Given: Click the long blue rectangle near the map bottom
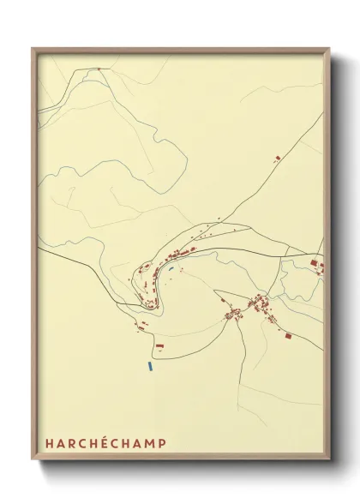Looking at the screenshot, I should [150, 366].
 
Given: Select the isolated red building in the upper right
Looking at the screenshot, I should [277, 158].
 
